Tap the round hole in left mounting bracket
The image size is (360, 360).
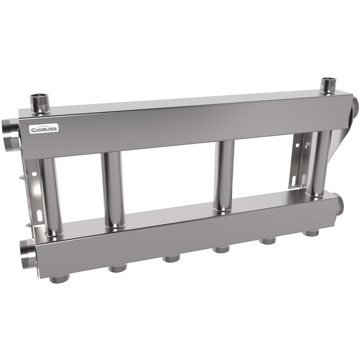(x=34, y=174)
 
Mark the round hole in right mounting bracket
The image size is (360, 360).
(x=298, y=145)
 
